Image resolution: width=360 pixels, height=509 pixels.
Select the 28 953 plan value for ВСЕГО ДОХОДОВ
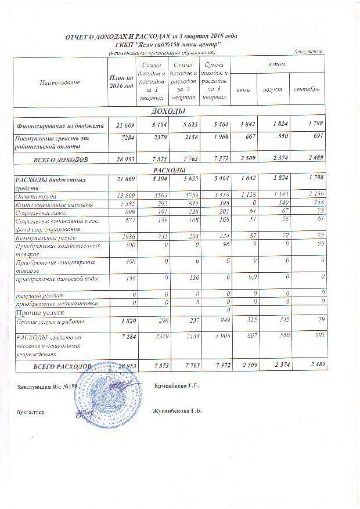(122, 159)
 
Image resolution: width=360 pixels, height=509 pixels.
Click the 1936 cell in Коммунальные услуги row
(123, 237)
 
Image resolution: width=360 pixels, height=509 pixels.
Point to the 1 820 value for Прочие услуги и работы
(123, 321)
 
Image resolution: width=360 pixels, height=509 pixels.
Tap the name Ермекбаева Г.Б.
(177, 387)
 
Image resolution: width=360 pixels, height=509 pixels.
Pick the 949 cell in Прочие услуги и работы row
(213, 321)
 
